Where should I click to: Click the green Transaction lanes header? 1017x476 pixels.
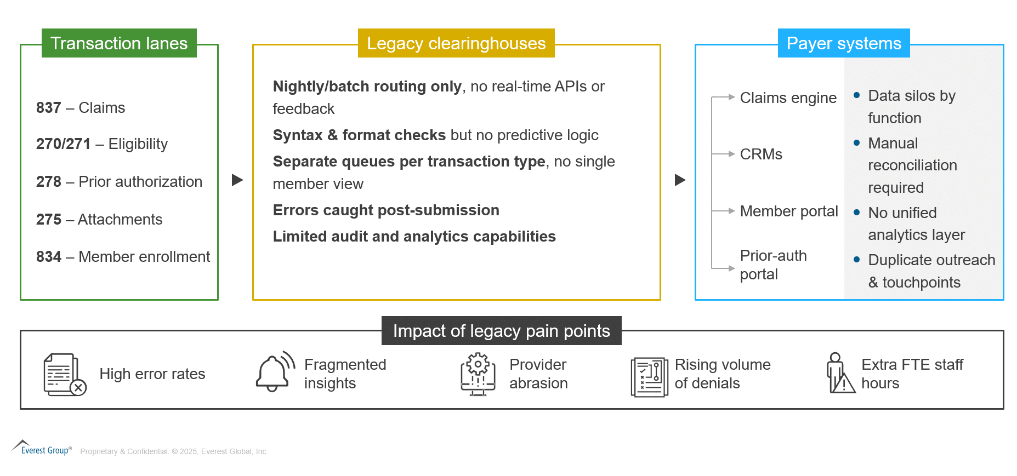tap(119, 43)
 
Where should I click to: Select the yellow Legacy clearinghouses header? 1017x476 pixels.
tap(456, 43)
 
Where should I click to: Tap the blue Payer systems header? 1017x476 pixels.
tap(844, 43)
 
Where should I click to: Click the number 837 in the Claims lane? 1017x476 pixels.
tap(49, 108)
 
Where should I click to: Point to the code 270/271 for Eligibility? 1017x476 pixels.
tap(64, 144)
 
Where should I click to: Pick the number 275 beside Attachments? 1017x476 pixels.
tap(49, 220)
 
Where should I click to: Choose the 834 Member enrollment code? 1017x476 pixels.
tap(49, 257)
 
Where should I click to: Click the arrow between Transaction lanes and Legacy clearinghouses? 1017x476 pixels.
tap(237, 180)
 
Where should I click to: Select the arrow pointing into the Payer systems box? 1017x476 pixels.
tap(680, 180)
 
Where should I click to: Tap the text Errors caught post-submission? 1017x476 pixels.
tap(386, 210)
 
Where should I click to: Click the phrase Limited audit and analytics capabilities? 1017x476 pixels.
tap(414, 237)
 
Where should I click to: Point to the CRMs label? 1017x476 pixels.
tap(761, 154)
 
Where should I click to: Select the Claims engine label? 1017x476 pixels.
tap(788, 98)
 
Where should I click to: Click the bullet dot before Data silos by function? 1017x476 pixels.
tap(857, 95)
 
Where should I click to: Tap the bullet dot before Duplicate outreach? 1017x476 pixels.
tap(857, 260)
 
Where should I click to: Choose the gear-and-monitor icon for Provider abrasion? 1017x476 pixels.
tap(478, 374)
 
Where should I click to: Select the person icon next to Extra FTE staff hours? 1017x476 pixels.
tap(840, 373)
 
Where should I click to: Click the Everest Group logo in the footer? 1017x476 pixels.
tap(42, 448)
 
